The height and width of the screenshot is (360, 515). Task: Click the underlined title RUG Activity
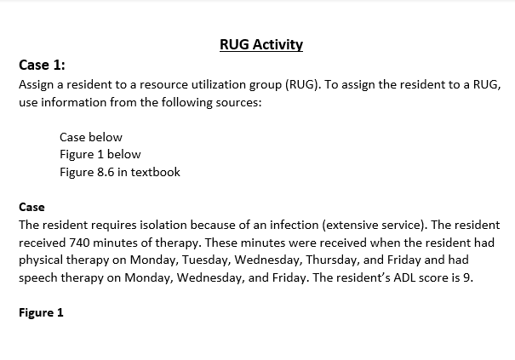point(260,44)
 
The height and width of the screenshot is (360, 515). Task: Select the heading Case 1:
point(42,65)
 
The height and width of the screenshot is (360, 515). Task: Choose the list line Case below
point(91,137)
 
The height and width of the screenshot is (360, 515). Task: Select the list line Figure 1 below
point(100,154)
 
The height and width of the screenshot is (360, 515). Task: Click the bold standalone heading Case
point(31,207)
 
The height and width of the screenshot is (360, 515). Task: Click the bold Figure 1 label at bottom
point(42,312)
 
